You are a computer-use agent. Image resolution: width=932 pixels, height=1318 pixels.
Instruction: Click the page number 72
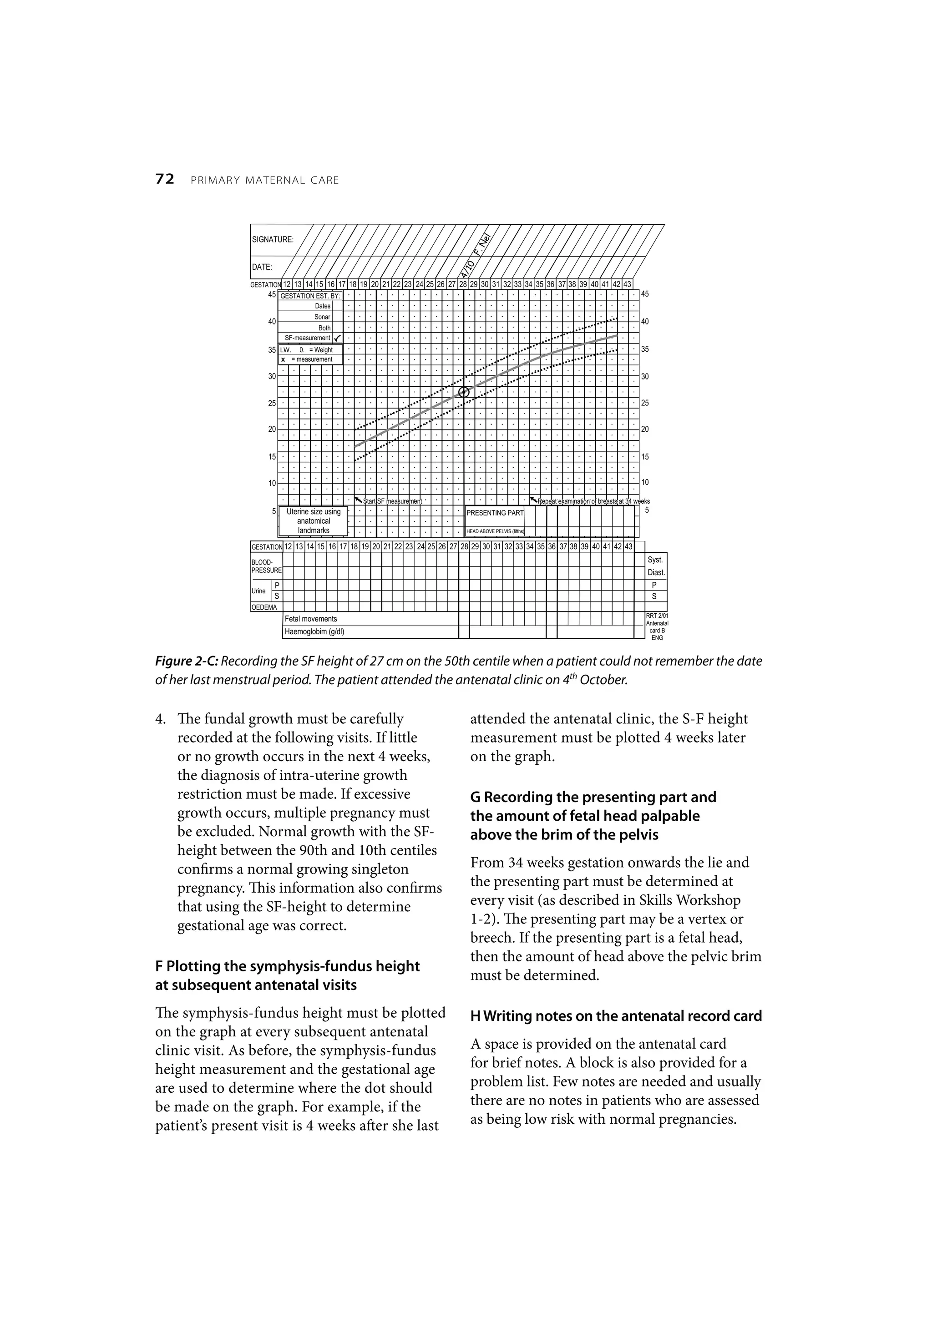[x=164, y=180]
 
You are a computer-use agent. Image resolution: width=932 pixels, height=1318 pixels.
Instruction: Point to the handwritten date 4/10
[x=467, y=269]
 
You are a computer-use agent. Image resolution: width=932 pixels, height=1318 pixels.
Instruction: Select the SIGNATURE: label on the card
[x=273, y=239]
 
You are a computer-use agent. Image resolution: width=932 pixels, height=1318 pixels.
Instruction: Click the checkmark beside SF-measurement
[x=338, y=338]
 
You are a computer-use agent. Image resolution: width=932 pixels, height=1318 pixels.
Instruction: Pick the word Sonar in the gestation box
[x=322, y=317]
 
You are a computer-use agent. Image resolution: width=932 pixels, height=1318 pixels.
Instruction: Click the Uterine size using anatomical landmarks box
[x=313, y=520]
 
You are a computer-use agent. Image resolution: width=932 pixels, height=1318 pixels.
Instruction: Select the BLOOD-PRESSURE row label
[x=267, y=566]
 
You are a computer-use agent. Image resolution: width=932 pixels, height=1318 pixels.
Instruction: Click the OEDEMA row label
[x=264, y=607]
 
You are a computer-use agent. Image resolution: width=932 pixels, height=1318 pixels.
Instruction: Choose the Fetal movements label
[x=311, y=619]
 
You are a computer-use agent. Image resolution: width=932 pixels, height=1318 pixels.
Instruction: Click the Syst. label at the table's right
[x=656, y=560]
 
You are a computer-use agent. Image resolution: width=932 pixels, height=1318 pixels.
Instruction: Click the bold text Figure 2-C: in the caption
[x=187, y=662]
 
